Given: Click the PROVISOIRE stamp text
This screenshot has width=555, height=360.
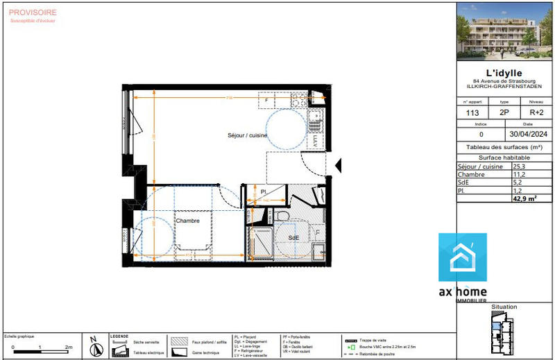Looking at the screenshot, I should [32, 12].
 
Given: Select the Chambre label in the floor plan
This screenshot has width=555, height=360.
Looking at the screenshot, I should [187, 221].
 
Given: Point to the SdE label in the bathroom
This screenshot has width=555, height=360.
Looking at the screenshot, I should [294, 237].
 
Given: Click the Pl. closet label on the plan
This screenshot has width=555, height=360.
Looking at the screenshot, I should [264, 192].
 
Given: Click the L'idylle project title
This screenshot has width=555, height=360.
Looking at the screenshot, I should [504, 73].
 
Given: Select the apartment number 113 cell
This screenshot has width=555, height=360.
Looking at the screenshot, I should [472, 112].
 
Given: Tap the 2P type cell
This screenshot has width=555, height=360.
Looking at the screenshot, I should [504, 112].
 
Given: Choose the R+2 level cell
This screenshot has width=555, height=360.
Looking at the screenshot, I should [537, 112].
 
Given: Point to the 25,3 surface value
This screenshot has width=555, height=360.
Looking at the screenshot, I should [520, 167].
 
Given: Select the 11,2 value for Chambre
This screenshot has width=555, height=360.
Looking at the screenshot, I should [520, 175].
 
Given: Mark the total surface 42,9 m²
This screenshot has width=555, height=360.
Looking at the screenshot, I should [524, 198].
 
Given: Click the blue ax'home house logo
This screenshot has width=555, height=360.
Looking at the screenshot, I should [463, 257].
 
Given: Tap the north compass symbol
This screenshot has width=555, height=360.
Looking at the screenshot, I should [94, 345].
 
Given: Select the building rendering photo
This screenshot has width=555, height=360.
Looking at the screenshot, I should [504, 31].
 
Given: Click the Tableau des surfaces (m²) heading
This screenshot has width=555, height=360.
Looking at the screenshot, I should [504, 147].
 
